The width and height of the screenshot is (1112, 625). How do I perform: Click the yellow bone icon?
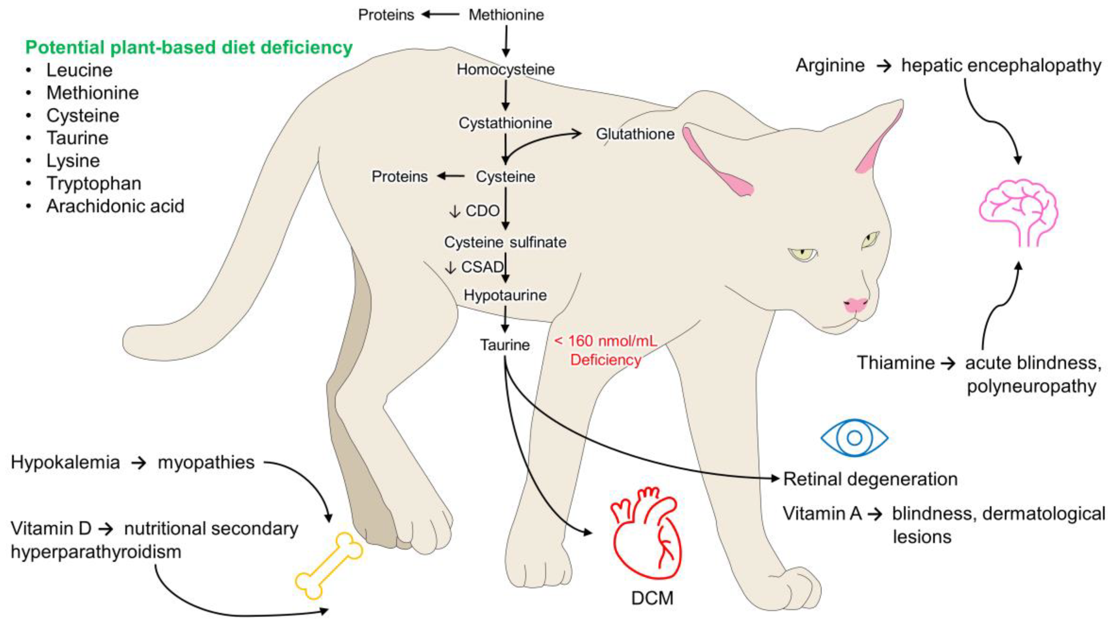coord(329,566)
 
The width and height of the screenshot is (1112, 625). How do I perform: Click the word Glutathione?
coord(635,134)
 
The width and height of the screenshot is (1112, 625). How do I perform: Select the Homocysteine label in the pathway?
coord(505,69)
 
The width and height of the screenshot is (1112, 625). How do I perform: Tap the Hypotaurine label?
coord(505,295)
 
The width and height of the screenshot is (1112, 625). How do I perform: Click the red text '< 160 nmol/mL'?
coord(605,341)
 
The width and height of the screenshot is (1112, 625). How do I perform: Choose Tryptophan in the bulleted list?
coord(94,183)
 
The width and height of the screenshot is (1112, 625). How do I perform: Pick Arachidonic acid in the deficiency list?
coord(115,206)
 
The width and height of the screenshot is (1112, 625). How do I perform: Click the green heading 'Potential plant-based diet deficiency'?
coord(189,47)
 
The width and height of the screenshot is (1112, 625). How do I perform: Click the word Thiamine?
coord(895,363)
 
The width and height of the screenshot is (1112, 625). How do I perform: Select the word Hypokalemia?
coord(65,462)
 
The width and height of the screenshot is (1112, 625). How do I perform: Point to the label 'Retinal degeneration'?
coord(870,479)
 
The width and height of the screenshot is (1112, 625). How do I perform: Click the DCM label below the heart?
coord(652,598)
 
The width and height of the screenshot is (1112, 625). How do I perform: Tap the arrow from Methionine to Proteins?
coord(440,15)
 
